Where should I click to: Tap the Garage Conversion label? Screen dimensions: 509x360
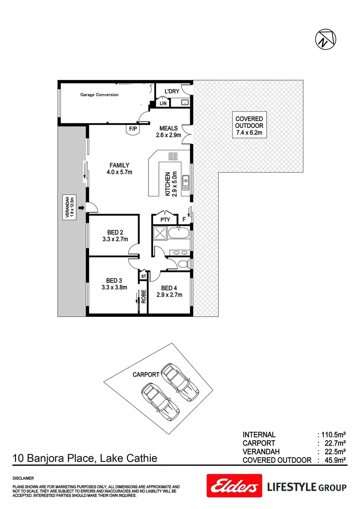(x=99, y=95)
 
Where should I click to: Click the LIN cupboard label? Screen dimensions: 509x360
(x=163, y=103)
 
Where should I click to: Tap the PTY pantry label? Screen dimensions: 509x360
(x=165, y=219)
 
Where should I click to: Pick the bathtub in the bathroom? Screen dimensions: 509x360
(x=181, y=233)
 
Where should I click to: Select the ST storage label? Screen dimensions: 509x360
(x=143, y=276)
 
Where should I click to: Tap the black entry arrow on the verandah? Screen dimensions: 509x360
(x=82, y=207)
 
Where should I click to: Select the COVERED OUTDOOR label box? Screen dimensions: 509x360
(x=249, y=126)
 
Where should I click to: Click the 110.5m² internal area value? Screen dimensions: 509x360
(x=333, y=435)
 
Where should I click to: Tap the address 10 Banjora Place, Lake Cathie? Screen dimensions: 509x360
(x=85, y=458)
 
